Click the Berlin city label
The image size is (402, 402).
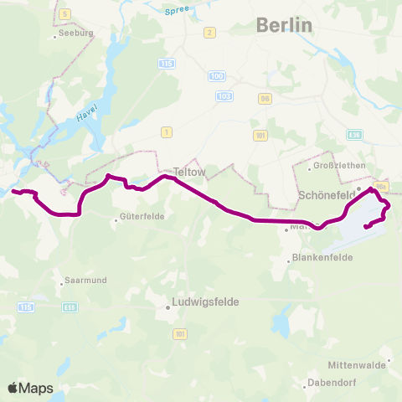[x=284, y=25]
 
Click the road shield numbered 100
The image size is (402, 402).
[x=217, y=76]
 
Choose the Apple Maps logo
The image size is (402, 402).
[x=30, y=388]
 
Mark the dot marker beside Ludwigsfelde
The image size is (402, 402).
[x=167, y=307]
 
